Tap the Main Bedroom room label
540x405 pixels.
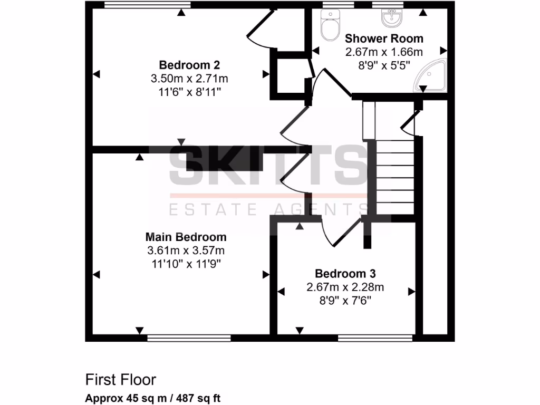pos(186,237)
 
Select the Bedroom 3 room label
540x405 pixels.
pos(345,274)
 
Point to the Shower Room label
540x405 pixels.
pos(384,38)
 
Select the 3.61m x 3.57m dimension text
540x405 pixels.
pos(186,250)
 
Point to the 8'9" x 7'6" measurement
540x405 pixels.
pos(345,301)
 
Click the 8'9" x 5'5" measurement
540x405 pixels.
pos(384,65)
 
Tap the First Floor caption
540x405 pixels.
pos(121,379)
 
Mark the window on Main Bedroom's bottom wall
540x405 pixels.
pos(189,338)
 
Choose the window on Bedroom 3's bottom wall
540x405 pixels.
pos(375,338)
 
